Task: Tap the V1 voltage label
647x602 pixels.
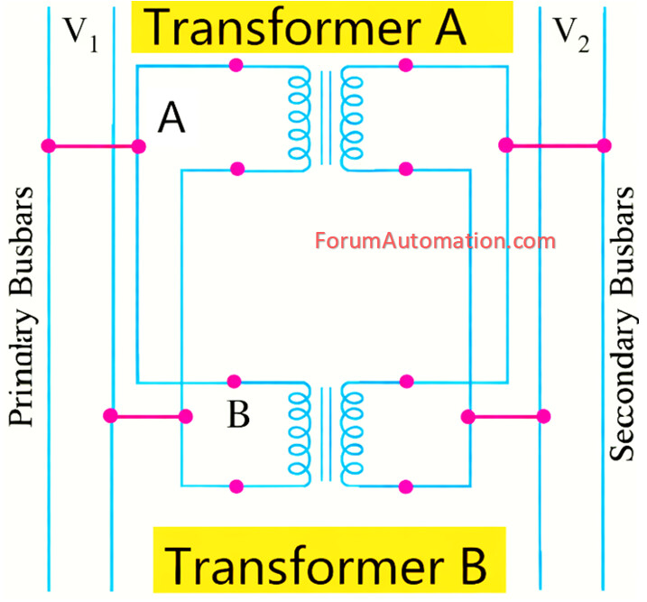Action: tap(80, 37)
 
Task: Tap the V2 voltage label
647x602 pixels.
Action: tap(570, 37)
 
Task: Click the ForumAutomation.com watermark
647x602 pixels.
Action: tap(435, 241)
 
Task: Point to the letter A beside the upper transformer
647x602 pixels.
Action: tap(171, 118)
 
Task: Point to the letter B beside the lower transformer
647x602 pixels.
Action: tap(238, 416)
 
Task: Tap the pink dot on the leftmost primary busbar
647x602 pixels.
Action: tap(49, 146)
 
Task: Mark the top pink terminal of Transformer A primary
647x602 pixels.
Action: tap(237, 65)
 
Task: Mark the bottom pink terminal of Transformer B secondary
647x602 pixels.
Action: tap(406, 486)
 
